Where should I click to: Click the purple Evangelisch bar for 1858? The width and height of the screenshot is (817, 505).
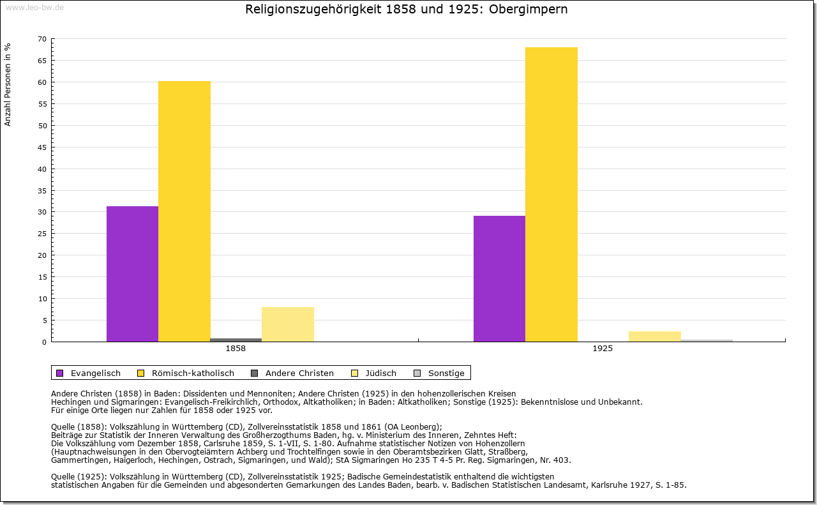pyautogui.click(x=132, y=274)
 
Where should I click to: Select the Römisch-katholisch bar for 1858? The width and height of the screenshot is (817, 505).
pyautogui.click(x=184, y=211)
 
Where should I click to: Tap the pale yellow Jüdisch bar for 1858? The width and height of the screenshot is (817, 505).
pyautogui.click(x=288, y=324)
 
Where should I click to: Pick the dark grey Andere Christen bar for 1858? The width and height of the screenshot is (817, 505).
pyautogui.click(x=236, y=340)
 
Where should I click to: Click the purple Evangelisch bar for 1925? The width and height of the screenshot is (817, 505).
pyautogui.click(x=499, y=278)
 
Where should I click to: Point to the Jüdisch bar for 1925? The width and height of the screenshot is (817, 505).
pyautogui.click(x=655, y=336)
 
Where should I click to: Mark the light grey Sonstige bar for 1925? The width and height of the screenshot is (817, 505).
pyautogui.click(x=707, y=340)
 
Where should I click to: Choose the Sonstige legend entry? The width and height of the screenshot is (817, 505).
pyautogui.click(x=446, y=373)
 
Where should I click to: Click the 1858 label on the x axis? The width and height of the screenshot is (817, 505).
pyautogui.click(x=236, y=349)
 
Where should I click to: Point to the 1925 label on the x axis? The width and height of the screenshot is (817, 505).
pyautogui.click(x=603, y=349)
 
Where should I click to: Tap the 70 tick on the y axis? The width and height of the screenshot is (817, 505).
pyautogui.click(x=42, y=39)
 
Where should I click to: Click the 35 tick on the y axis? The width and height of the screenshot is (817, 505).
pyautogui.click(x=42, y=190)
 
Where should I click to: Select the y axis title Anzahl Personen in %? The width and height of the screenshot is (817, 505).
pyautogui.click(x=8, y=85)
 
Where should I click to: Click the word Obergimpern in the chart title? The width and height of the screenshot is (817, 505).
pyautogui.click(x=528, y=10)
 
